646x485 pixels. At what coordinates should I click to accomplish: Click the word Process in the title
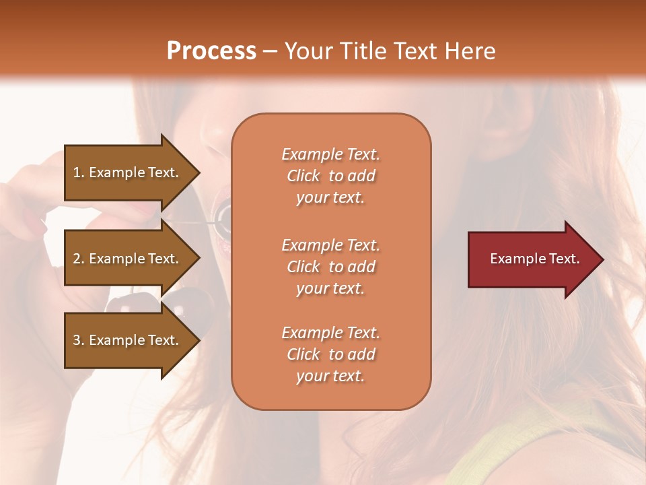coord(211,51)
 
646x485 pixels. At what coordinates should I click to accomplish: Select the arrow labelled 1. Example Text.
coord(128,172)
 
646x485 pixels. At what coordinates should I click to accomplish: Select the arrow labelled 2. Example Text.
coord(128,259)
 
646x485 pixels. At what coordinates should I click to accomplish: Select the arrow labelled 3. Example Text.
coord(128,340)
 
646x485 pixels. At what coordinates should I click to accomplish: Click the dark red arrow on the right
coord(532,259)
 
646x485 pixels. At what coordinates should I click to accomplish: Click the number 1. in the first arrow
coord(79,172)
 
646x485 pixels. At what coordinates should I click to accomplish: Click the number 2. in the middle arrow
coord(79,259)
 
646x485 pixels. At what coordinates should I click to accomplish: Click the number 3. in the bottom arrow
coord(79,340)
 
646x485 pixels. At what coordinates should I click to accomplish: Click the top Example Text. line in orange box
coord(330,154)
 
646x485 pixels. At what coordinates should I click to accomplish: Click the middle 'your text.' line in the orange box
coord(330,288)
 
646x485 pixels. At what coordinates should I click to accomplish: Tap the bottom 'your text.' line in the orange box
coord(330,376)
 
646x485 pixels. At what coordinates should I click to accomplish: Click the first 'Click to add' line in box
coord(330,176)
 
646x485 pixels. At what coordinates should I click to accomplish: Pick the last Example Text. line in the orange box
coord(330,333)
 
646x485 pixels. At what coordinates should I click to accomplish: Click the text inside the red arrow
coord(534,259)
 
